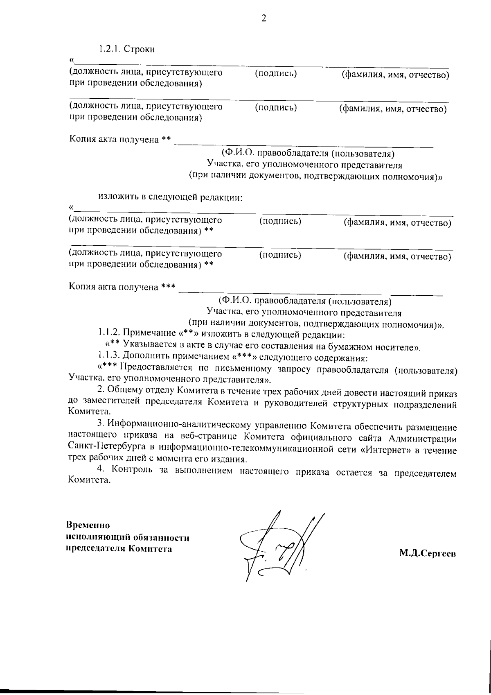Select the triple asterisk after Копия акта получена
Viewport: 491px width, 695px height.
(x=168, y=287)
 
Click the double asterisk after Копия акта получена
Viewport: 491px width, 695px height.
(x=166, y=140)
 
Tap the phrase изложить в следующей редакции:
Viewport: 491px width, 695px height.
(x=170, y=198)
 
